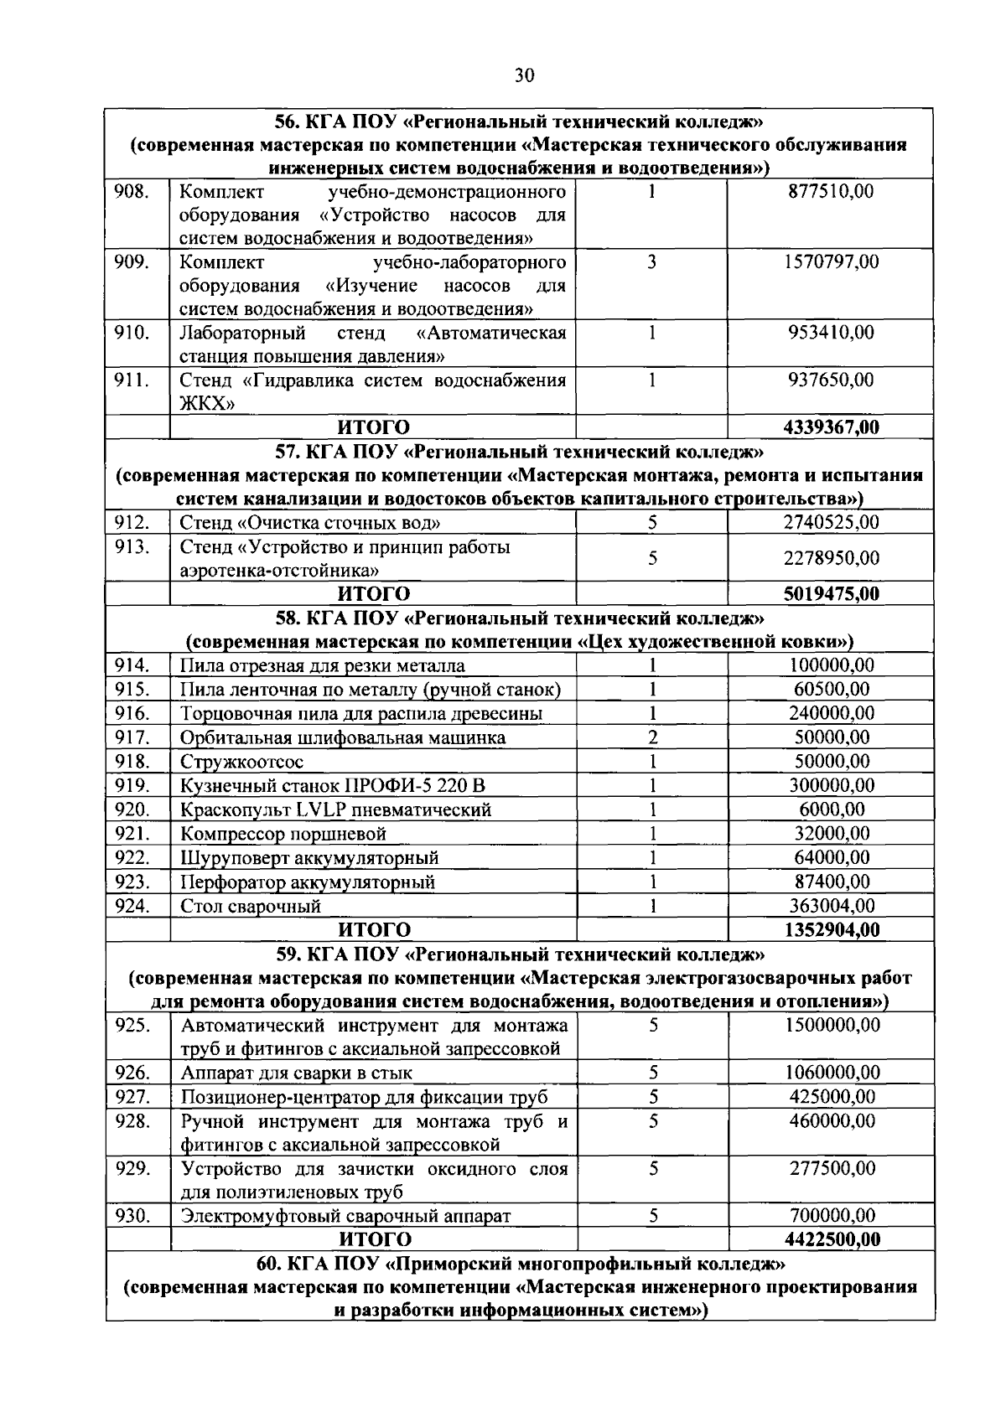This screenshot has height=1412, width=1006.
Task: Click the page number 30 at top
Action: pyautogui.click(x=524, y=76)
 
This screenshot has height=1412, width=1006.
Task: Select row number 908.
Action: pyautogui.click(x=132, y=191)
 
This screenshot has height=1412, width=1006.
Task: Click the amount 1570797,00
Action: pyautogui.click(x=831, y=262)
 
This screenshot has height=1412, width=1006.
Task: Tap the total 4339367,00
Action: pyautogui.click(x=831, y=427)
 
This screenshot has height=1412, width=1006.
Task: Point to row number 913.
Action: pyautogui.click(x=132, y=547)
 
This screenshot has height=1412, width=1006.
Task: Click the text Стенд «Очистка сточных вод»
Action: pyautogui.click(x=310, y=523)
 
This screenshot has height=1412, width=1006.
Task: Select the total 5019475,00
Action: pyautogui.click(x=831, y=594)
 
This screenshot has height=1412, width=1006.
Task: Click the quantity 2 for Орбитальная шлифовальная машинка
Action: pyautogui.click(x=651, y=737)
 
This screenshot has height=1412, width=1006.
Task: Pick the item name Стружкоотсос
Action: pyautogui.click(x=241, y=762)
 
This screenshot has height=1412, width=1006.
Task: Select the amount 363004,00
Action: pyautogui.click(x=832, y=906)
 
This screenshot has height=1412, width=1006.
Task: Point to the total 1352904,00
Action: pyautogui.click(x=832, y=930)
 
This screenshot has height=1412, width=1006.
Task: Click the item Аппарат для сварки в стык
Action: pyautogui.click(x=296, y=1073)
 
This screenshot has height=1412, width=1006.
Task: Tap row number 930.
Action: pyautogui.click(x=132, y=1216)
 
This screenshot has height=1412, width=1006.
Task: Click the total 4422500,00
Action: pyautogui.click(x=832, y=1239)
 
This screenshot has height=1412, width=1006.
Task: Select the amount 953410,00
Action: pyautogui.click(x=831, y=333)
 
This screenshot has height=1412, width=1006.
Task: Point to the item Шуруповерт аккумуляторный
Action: pyautogui.click(x=309, y=858)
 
